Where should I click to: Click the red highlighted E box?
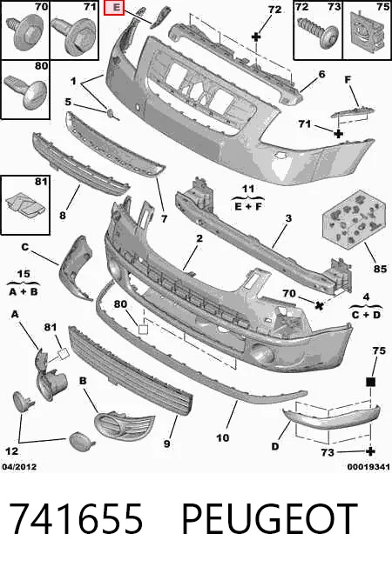coord(114,8)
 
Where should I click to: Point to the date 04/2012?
coord(19,467)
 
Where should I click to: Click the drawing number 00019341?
coord(368,467)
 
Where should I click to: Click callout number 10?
coord(222,438)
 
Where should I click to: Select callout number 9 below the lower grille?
coord(166,444)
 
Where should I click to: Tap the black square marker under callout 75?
coord(370,382)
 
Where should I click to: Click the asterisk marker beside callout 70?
coord(319,305)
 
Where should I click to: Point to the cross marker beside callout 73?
coord(370,451)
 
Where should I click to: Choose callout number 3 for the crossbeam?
coord(288,218)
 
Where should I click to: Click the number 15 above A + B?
coord(24,274)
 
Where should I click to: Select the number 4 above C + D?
coord(366,297)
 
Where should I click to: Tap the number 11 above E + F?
coord(247,189)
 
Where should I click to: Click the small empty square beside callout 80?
coord(144,329)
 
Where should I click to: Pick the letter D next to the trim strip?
coord(275,447)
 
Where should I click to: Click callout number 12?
coord(11,451)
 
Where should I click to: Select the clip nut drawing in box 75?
coord(366,30)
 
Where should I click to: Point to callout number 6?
coord(321,74)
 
